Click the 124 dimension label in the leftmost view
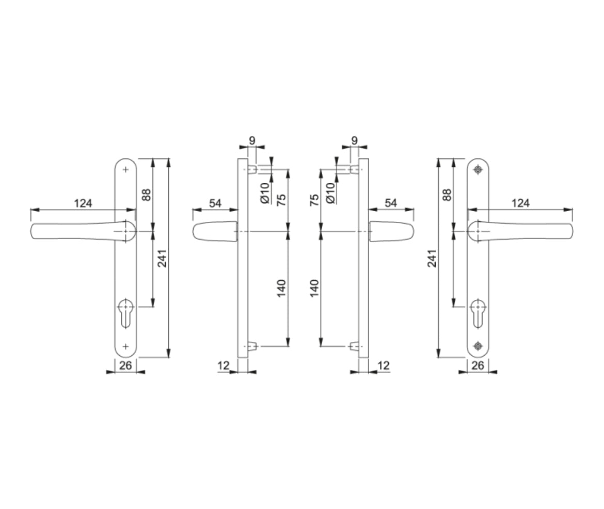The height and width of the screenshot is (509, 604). click(x=83, y=203)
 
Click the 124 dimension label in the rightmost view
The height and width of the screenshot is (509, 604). click(x=520, y=203)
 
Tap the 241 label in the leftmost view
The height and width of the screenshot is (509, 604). click(x=161, y=258)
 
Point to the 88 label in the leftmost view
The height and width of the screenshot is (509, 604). click(x=146, y=195)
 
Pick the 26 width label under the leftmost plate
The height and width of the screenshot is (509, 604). click(x=125, y=365)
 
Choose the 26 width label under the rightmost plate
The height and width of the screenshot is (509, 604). click(x=478, y=365)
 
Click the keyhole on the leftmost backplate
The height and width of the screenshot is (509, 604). click(x=125, y=311)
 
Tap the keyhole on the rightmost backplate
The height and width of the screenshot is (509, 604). click(x=479, y=311)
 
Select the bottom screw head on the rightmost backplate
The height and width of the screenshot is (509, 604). click(x=479, y=345)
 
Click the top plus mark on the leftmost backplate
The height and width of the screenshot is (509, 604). click(x=125, y=169)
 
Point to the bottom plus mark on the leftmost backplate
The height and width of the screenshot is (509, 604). click(x=125, y=345)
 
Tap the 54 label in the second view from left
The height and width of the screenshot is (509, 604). click(x=215, y=203)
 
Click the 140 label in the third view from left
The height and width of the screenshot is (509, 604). click(x=314, y=288)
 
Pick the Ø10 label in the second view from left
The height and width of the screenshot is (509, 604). click(x=265, y=192)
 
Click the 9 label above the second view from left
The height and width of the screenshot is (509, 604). click(x=252, y=140)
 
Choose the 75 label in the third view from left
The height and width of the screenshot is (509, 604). click(x=314, y=200)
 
